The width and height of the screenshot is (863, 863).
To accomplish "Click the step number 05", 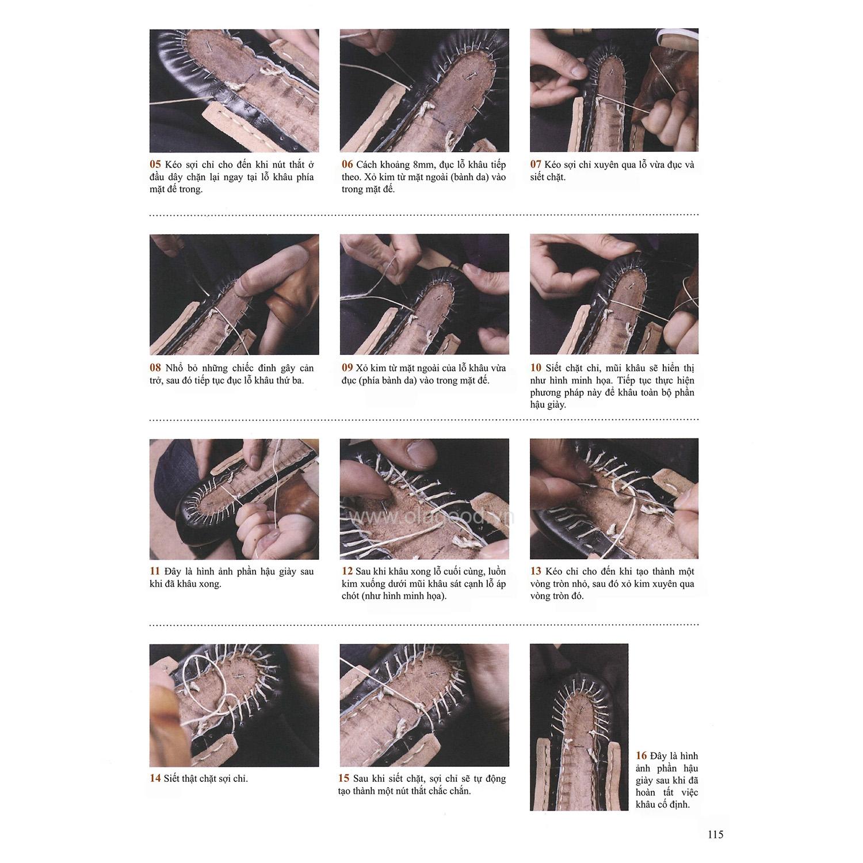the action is coord(155,165).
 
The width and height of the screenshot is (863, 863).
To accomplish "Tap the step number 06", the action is coord(346,165).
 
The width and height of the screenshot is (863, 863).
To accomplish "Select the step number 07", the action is coord(536,165).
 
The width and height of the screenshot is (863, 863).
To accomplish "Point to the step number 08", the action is coord(155,368).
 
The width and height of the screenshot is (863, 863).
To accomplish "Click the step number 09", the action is coord(346,368).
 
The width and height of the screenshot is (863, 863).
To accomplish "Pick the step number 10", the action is coord(536,368).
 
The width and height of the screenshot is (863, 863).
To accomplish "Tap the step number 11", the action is coord(155,571).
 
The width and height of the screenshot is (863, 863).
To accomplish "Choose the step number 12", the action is coord(346,571).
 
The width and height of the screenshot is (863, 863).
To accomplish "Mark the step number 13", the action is coord(536,571).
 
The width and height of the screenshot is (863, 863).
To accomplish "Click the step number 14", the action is coord(155,778).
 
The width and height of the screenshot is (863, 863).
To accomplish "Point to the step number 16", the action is coord(641,756).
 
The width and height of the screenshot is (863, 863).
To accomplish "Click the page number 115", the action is coord(715,835).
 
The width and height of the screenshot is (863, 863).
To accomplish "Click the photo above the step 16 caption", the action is coord(579,727).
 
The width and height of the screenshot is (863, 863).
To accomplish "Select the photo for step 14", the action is coord(234,705).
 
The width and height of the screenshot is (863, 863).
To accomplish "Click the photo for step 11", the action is coord(234,499).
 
